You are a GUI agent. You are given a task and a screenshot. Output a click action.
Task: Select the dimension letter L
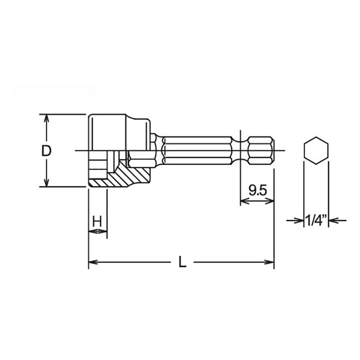pyautogui.click(x=181, y=261)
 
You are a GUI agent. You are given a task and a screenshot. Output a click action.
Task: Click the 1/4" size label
pyautogui.click(x=315, y=220)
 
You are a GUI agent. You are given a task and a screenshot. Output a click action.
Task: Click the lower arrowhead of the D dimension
pyautogui.click(x=45, y=183)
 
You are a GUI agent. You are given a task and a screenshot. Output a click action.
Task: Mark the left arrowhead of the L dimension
pyautogui.click(x=92, y=261)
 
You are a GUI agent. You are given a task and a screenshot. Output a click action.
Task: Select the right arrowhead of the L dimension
pyautogui.click(x=270, y=261)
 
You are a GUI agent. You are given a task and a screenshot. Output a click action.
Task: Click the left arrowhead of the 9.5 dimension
pyautogui.click(x=243, y=201)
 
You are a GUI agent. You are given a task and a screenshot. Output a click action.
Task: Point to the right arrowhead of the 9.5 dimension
pyautogui.click(x=271, y=201)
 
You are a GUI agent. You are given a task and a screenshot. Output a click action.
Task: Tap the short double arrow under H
pyautogui.click(x=98, y=232)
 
